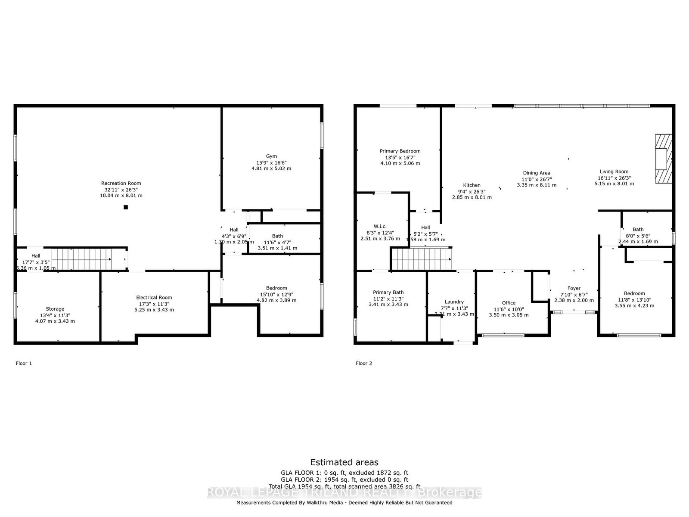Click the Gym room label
click(x=271, y=156)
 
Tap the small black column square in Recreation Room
click(x=126, y=207)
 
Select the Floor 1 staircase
click(x=81, y=259)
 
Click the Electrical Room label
click(x=154, y=298)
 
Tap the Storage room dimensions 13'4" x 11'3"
click(x=55, y=315)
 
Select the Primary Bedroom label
click(x=400, y=151)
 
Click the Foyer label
click(x=574, y=288)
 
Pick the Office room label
click(x=509, y=303)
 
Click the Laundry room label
click(x=454, y=302)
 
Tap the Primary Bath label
click(x=388, y=293)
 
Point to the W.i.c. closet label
click(x=380, y=226)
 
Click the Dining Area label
click(x=537, y=173)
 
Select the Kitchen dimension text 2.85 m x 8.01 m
click(x=472, y=197)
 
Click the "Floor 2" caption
click(x=364, y=364)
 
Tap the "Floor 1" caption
click(x=24, y=364)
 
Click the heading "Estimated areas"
click(x=344, y=462)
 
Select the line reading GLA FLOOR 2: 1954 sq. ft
click(x=344, y=480)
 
